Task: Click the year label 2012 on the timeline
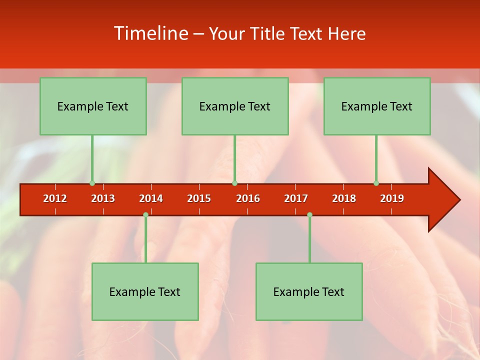[55, 198]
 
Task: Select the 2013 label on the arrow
[103, 198]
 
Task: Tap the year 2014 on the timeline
[151, 198]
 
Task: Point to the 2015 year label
[199, 198]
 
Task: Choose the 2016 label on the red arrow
[248, 198]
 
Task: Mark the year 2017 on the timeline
[296, 198]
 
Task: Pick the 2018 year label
[344, 198]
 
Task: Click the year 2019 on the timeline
[392, 198]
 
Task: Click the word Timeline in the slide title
[150, 33]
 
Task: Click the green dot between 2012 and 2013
[92, 183]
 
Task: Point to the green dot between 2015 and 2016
[234, 183]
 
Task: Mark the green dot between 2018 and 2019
[376, 183]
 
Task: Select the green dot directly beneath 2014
[145, 215]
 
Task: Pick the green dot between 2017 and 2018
[309, 215]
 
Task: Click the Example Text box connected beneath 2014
[145, 291]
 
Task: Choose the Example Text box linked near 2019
[377, 106]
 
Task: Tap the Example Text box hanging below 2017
[309, 291]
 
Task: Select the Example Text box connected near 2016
[235, 106]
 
